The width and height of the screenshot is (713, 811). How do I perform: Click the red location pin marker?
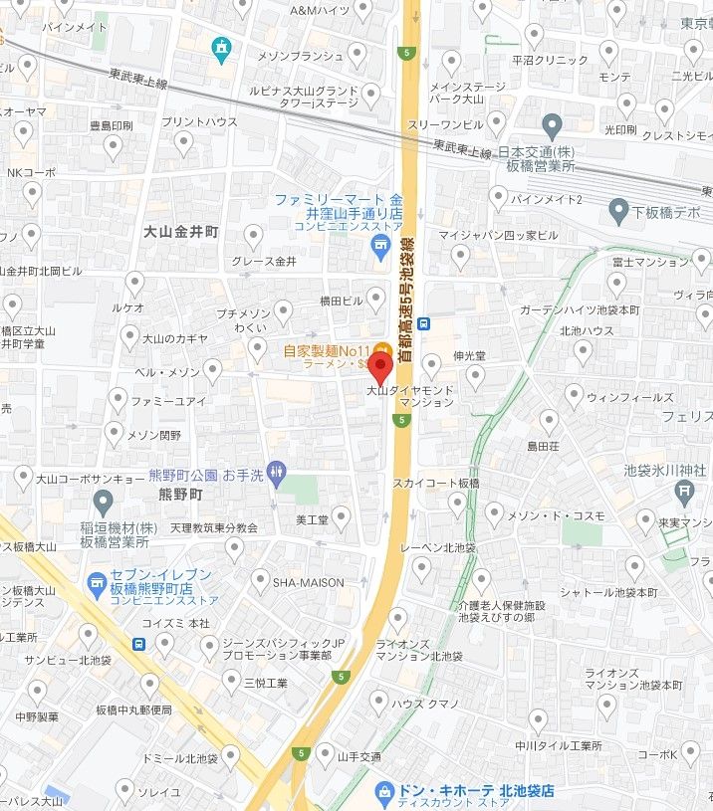click(x=379, y=367)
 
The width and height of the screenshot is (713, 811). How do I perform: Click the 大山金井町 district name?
click(x=180, y=231)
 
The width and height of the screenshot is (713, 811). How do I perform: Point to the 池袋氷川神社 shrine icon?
click(x=684, y=491)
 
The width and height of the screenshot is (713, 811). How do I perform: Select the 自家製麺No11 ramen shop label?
click(x=326, y=350)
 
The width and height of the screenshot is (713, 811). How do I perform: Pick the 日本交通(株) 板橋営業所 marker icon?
click(x=554, y=126)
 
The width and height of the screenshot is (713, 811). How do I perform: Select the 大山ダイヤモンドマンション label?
click(x=410, y=396)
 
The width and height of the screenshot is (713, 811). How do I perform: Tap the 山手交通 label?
click(x=359, y=757)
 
